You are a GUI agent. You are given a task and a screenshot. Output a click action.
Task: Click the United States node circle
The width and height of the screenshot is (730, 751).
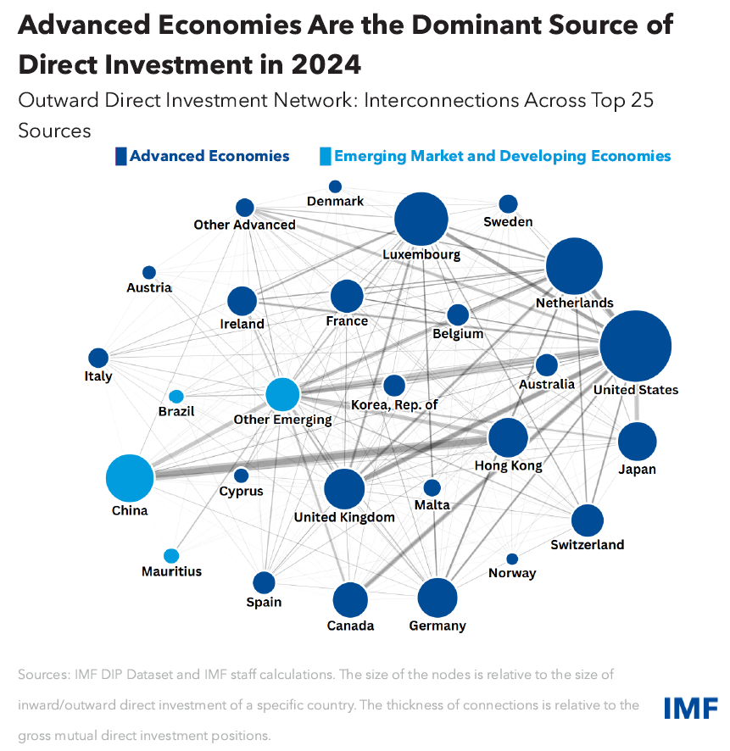(635, 346)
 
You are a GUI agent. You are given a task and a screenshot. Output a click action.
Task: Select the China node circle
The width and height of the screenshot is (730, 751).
(130, 478)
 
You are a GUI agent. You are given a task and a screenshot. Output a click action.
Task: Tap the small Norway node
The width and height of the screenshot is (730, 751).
(512, 559)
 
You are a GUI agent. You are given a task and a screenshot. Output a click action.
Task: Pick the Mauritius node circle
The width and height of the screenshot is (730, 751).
(171, 556)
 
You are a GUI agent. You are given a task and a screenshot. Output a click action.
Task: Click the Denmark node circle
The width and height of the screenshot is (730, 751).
(336, 186)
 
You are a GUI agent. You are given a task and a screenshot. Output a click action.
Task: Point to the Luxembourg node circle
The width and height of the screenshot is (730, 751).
(421, 220)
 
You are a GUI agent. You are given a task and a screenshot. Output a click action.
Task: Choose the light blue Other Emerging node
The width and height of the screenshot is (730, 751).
(282, 394)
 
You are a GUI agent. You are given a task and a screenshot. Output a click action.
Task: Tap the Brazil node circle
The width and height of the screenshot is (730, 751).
(176, 396)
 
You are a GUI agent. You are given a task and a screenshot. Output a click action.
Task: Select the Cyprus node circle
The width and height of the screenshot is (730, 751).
(242, 476)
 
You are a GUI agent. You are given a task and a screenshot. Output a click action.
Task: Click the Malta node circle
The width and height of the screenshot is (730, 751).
(432, 487)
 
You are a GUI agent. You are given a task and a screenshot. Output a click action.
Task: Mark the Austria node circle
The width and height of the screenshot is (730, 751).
(149, 272)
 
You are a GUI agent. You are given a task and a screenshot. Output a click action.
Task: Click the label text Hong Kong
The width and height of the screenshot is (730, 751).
(509, 465)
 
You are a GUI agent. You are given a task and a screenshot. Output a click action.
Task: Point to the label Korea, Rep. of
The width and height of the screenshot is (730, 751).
(394, 404)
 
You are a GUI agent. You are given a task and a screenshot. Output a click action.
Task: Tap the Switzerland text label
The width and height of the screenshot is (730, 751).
(587, 544)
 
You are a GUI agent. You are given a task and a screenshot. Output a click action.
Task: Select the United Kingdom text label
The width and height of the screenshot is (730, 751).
(344, 517)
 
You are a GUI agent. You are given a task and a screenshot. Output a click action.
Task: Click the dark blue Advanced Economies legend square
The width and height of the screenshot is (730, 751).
(121, 156)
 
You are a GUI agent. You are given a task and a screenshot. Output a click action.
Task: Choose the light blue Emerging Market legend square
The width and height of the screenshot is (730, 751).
(325, 156)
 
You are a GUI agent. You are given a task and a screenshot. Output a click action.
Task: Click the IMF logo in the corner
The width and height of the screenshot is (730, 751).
(691, 707)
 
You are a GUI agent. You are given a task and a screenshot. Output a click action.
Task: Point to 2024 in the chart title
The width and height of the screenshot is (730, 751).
(322, 64)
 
